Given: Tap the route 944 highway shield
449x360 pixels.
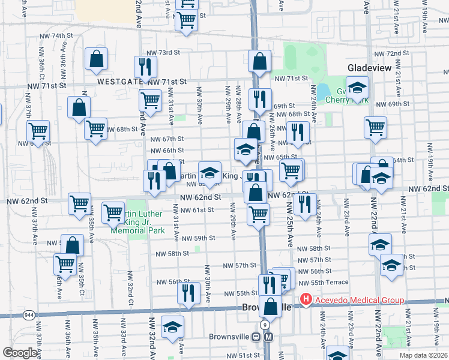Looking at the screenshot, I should point(28,314).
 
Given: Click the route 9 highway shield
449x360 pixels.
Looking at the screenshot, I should point(264,325).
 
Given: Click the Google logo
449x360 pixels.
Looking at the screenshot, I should point(20,353).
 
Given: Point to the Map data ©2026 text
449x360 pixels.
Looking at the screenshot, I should point(423,355).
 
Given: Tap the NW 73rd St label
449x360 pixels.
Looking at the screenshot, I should point(165,53).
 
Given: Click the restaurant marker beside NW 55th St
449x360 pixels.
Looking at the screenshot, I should point(188,294).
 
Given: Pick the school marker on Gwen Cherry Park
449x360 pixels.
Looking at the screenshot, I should point(357,88).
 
